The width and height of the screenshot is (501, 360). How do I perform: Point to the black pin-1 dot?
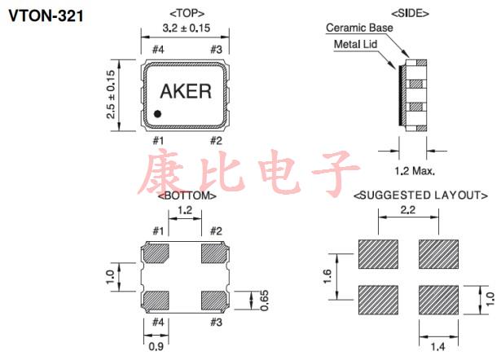[159, 114]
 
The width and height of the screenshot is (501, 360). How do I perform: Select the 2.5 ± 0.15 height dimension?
[111, 94]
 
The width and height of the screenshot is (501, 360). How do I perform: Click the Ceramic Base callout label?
[358, 27]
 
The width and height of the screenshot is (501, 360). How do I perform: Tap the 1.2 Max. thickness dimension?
[414, 171]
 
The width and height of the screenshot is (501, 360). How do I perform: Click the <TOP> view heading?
[186, 14]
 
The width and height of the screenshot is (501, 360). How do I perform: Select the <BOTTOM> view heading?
[187, 195]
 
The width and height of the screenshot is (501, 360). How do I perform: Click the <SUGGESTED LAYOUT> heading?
[420, 195]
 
